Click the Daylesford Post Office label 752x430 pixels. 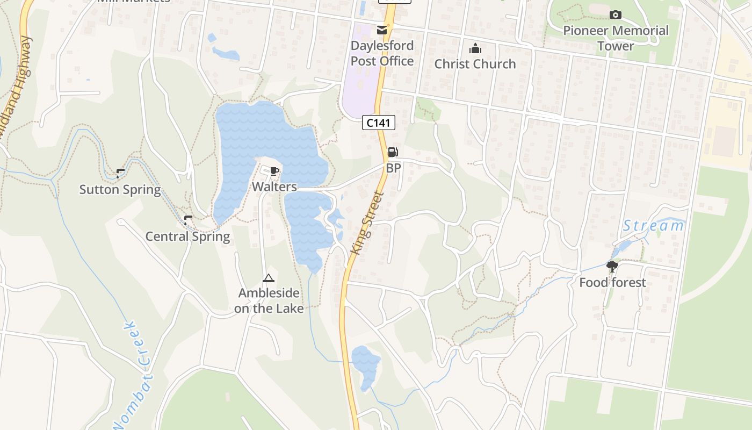382,53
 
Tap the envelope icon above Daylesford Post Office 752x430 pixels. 381,30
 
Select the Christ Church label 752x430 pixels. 475,64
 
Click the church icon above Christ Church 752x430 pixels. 475,49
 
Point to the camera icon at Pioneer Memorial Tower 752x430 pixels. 616,15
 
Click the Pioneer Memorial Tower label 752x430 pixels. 616,38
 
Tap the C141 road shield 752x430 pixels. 378,123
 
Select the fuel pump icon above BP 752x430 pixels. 393,153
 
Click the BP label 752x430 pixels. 393,168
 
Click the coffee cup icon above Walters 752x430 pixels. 274,171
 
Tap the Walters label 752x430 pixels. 274,187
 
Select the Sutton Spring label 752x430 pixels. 120,190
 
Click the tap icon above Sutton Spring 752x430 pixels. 120,173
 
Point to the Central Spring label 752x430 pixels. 187,236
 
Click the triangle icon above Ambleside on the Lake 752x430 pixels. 269,278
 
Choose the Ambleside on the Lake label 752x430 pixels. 269,300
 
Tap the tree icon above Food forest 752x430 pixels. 612,266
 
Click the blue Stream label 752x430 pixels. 653,226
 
